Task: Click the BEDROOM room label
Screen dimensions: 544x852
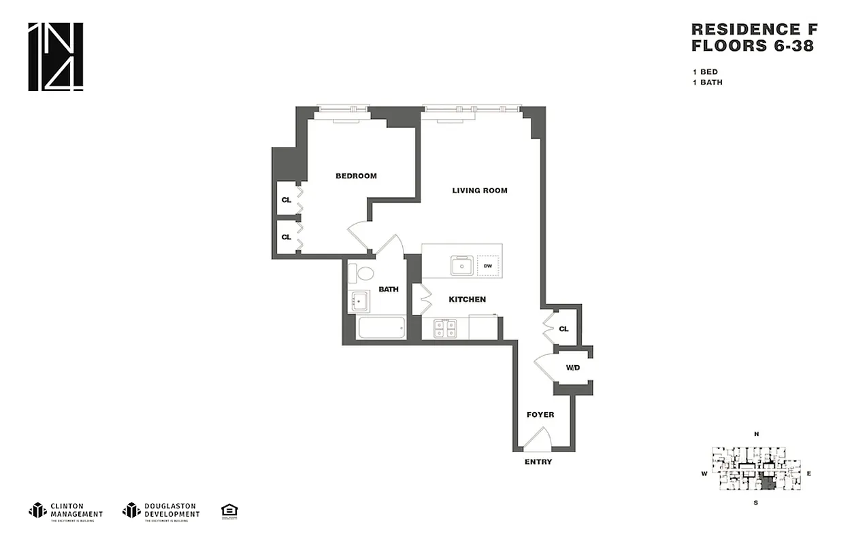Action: point(356,176)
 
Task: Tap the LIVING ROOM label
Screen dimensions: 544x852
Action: point(480,190)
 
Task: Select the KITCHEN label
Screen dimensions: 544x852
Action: point(467,299)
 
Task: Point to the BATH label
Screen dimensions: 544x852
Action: point(388,289)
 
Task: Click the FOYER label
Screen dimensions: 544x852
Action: point(540,414)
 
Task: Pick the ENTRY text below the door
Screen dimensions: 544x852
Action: point(538,462)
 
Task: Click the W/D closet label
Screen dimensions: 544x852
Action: point(573,368)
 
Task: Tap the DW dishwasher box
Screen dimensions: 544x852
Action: point(487,266)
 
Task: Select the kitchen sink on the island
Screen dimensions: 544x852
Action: point(462,266)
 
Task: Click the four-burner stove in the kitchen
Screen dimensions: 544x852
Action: point(445,328)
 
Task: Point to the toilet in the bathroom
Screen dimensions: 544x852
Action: point(362,274)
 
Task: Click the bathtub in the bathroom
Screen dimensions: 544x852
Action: point(381,328)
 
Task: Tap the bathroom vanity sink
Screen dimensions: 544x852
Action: point(359,301)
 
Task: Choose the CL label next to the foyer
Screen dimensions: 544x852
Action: point(563,329)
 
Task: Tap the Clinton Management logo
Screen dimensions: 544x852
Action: point(65,510)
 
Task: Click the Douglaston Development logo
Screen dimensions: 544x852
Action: point(161,510)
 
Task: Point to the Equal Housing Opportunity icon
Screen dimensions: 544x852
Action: point(229,510)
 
